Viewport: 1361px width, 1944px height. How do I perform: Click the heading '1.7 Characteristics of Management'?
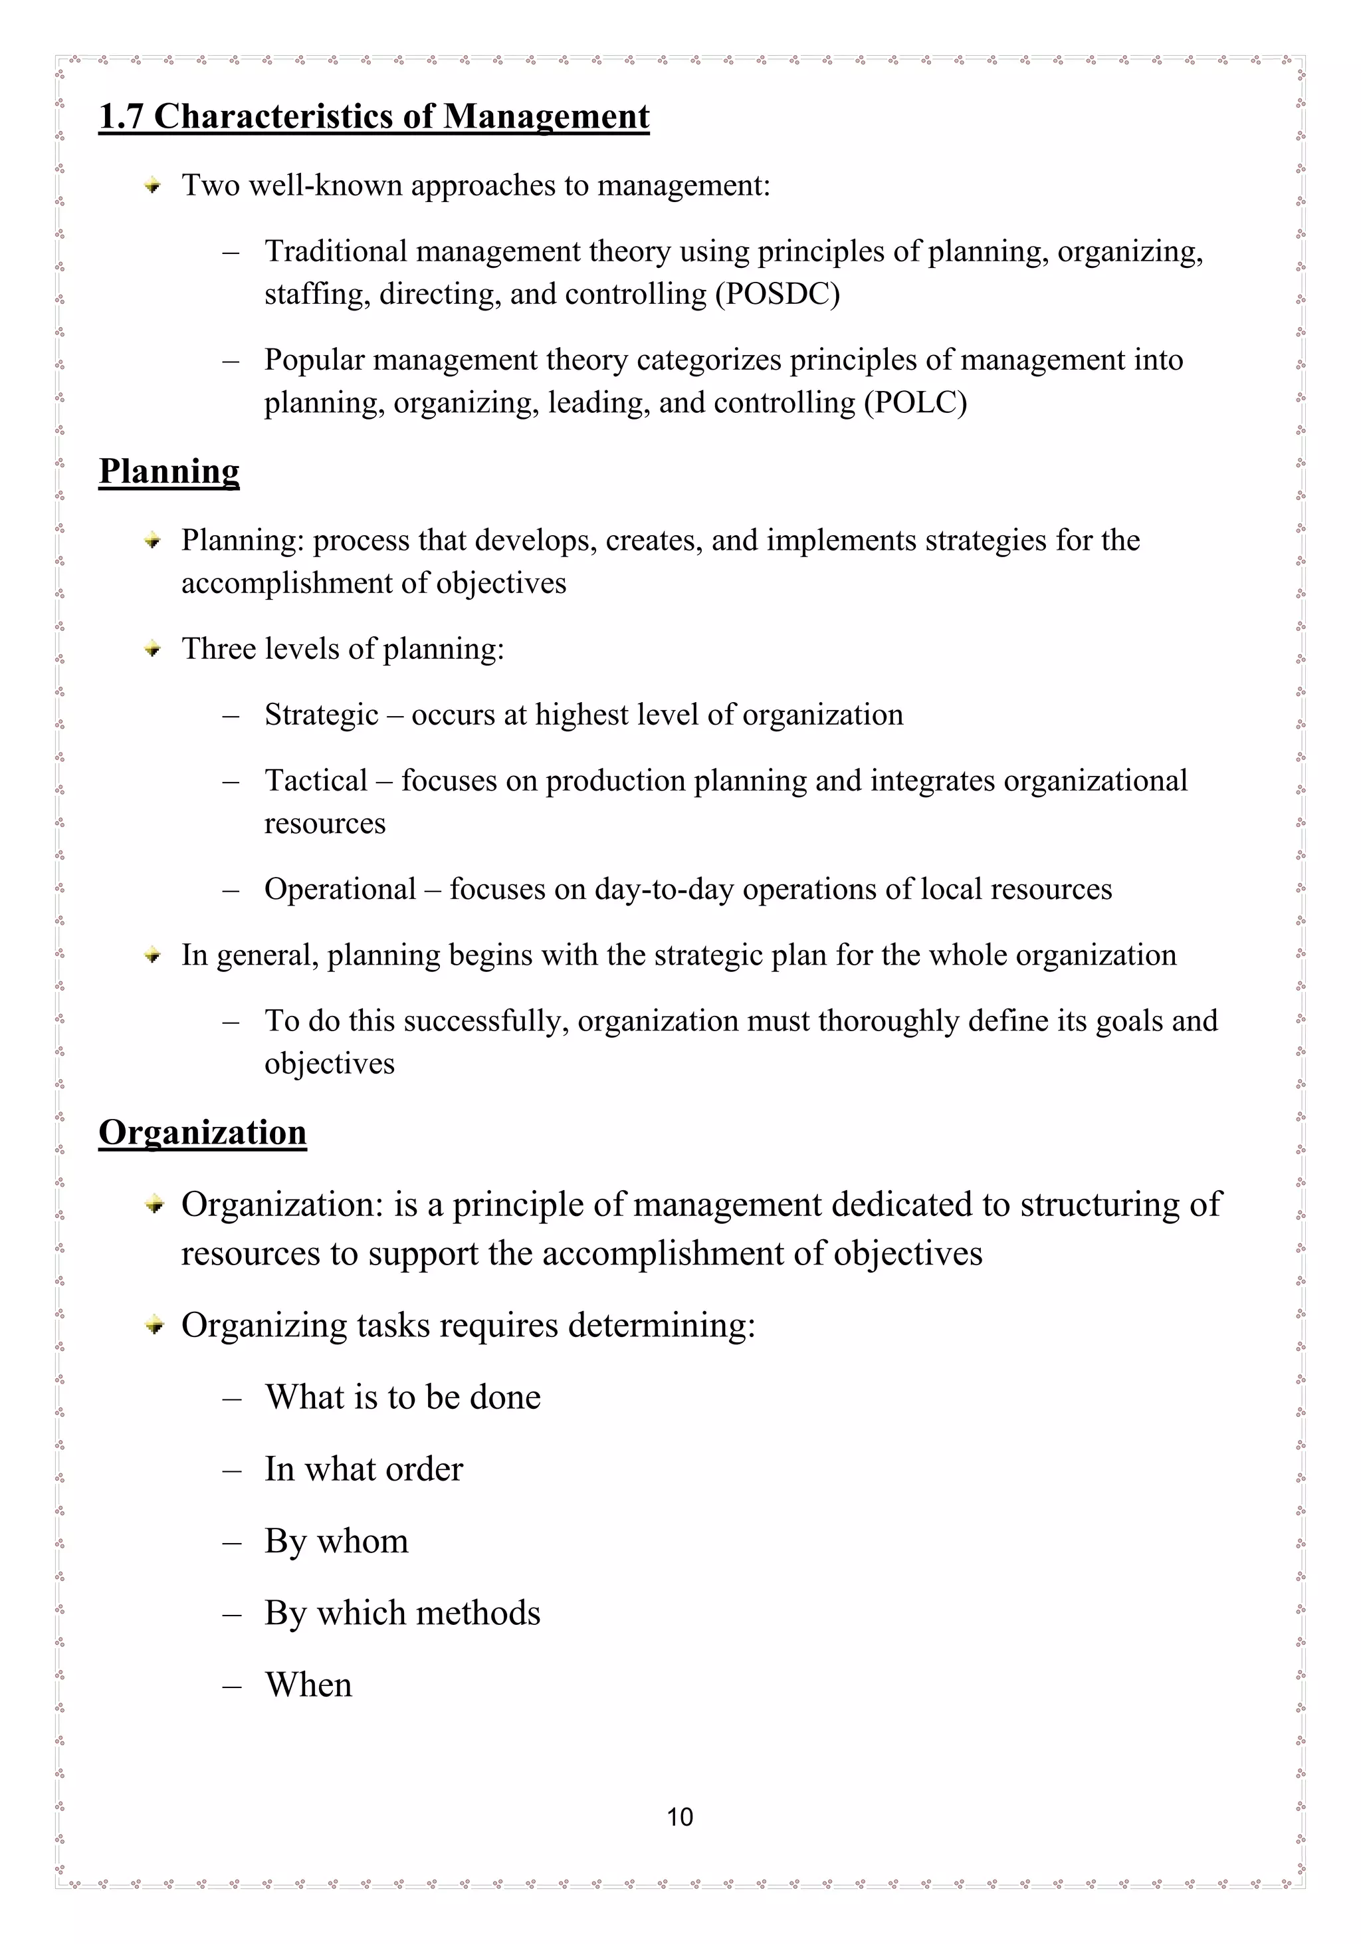click(x=373, y=117)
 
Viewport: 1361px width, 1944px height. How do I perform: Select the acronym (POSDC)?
click(x=777, y=294)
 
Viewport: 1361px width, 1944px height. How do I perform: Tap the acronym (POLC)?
click(x=915, y=402)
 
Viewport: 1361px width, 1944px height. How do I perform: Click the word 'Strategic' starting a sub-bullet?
click(x=321, y=715)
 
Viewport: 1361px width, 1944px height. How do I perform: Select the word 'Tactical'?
click(x=316, y=781)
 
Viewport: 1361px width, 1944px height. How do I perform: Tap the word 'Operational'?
click(x=340, y=889)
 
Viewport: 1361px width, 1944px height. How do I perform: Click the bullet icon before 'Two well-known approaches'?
click(x=152, y=185)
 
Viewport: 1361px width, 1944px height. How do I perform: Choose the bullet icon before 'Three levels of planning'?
click(x=152, y=650)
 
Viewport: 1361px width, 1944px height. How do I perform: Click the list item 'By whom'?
click(x=336, y=1541)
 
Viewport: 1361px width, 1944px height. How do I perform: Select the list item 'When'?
click(x=308, y=1685)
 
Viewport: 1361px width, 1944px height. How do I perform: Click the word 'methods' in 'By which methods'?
click(x=478, y=1613)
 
